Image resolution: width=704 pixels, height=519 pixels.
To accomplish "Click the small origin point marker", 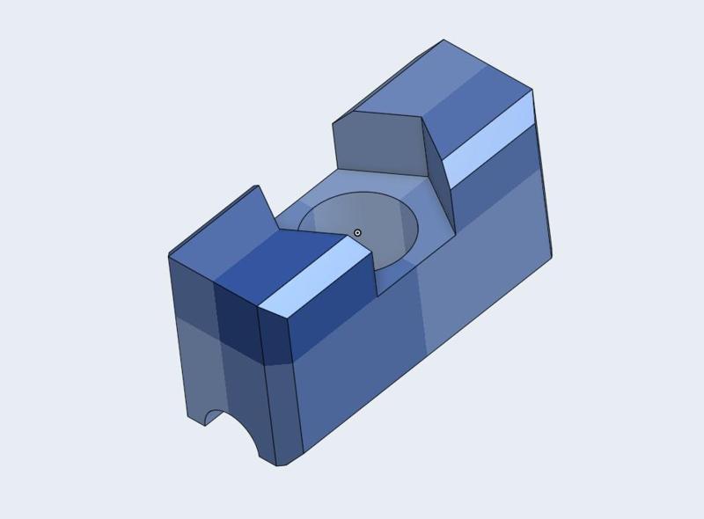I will pos(357,233).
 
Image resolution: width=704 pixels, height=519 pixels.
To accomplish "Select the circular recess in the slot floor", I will pos(387,224).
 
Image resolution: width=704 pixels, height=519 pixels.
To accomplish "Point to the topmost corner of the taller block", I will pos(443,40).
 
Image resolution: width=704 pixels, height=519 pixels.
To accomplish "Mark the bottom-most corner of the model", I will pos(278,465).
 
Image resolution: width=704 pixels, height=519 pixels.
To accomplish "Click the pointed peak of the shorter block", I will pos(257,186).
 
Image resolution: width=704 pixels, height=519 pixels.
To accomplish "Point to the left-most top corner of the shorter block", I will pos(169,255).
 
